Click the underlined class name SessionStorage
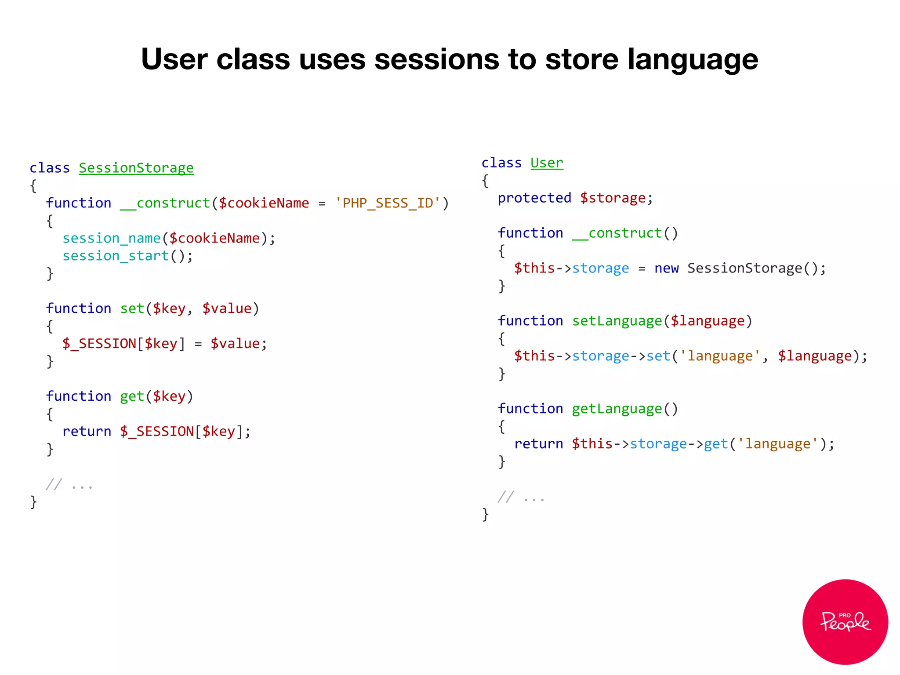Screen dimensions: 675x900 (136, 168)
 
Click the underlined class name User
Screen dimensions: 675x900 (547, 163)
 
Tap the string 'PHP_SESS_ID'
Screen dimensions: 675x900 (388, 203)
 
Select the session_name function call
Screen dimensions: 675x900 (112, 238)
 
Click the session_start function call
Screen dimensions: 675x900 (116, 256)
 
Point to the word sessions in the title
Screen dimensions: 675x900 (437, 59)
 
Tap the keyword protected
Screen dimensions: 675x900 (534, 198)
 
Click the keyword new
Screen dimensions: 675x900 (666, 268)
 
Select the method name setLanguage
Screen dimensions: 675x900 (617, 321)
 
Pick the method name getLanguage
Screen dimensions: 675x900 (617, 409)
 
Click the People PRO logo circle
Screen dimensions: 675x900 (845, 621)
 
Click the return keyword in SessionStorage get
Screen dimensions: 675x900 (87, 432)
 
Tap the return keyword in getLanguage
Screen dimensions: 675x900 (538, 444)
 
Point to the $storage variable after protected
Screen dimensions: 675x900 (613, 198)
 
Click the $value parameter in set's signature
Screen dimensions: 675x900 (227, 308)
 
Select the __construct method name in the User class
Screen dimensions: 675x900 (617, 233)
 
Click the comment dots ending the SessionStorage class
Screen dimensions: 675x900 (82, 486)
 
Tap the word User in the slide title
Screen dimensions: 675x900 (174, 59)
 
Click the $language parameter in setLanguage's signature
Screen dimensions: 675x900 (708, 321)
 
